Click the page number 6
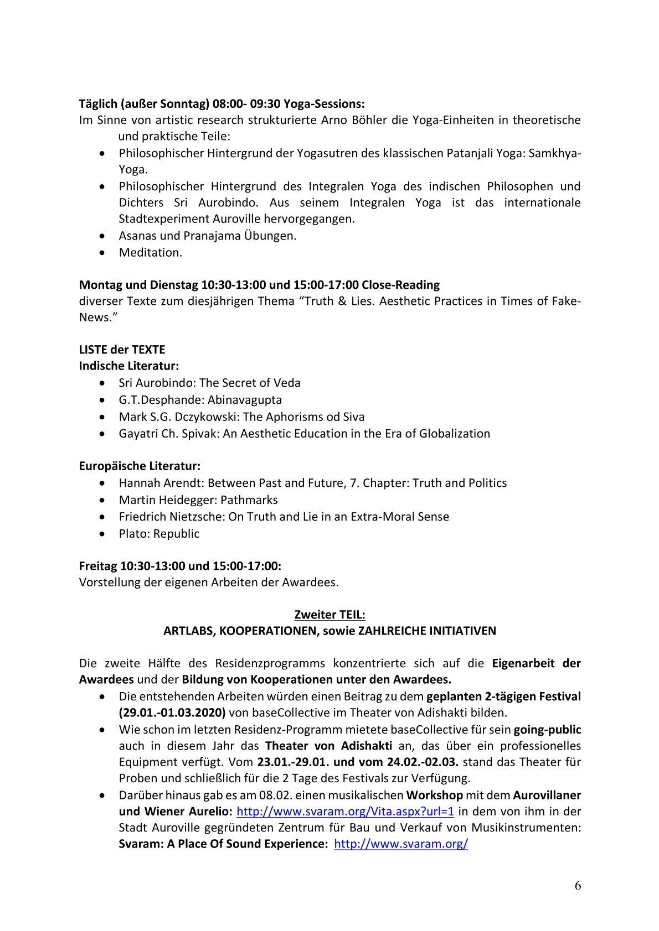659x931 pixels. (x=578, y=886)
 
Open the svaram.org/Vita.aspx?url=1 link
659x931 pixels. (x=345, y=811)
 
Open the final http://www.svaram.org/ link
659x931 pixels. (x=401, y=844)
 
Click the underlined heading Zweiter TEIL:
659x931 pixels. (x=329, y=615)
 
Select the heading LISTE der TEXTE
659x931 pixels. (x=122, y=350)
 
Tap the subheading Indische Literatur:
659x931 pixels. (x=128, y=366)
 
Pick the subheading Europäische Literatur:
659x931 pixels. (x=140, y=466)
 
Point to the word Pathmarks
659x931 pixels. (x=249, y=500)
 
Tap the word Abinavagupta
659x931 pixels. (x=244, y=399)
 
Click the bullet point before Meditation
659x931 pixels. (x=102, y=253)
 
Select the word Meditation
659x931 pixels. (x=150, y=252)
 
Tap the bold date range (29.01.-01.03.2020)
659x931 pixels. (x=172, y=712)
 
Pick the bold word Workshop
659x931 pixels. (x=434, y=795)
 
